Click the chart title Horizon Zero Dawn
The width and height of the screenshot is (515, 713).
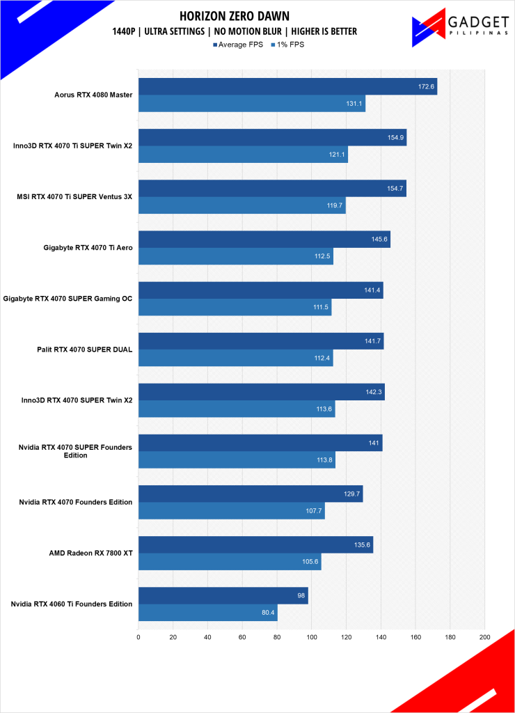pyautogui.click(x=234, y=15)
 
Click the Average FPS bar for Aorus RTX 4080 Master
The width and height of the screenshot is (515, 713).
pyautogui.click(x=287, y=86)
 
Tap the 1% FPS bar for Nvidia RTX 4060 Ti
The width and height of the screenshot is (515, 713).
pyautogui.click(x=208, y=613)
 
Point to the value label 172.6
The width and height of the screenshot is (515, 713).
pyautogui.click(x=426, y=86)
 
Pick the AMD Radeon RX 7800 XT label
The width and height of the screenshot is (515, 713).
pyautogui.click(x=93, y=553)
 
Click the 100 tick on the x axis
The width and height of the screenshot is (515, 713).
pyautogui.click(x=312, y=636)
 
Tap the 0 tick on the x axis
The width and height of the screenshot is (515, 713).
pyautogui.click(x=138, y=636)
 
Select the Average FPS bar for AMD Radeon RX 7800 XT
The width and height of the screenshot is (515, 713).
pyautogui.click(x=255, y=544)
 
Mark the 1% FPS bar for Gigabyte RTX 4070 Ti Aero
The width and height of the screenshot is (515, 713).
pyautogui.click(x=236, y=256)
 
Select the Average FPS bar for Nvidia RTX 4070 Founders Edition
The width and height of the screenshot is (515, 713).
pyautogui.click(x=251, y=494)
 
